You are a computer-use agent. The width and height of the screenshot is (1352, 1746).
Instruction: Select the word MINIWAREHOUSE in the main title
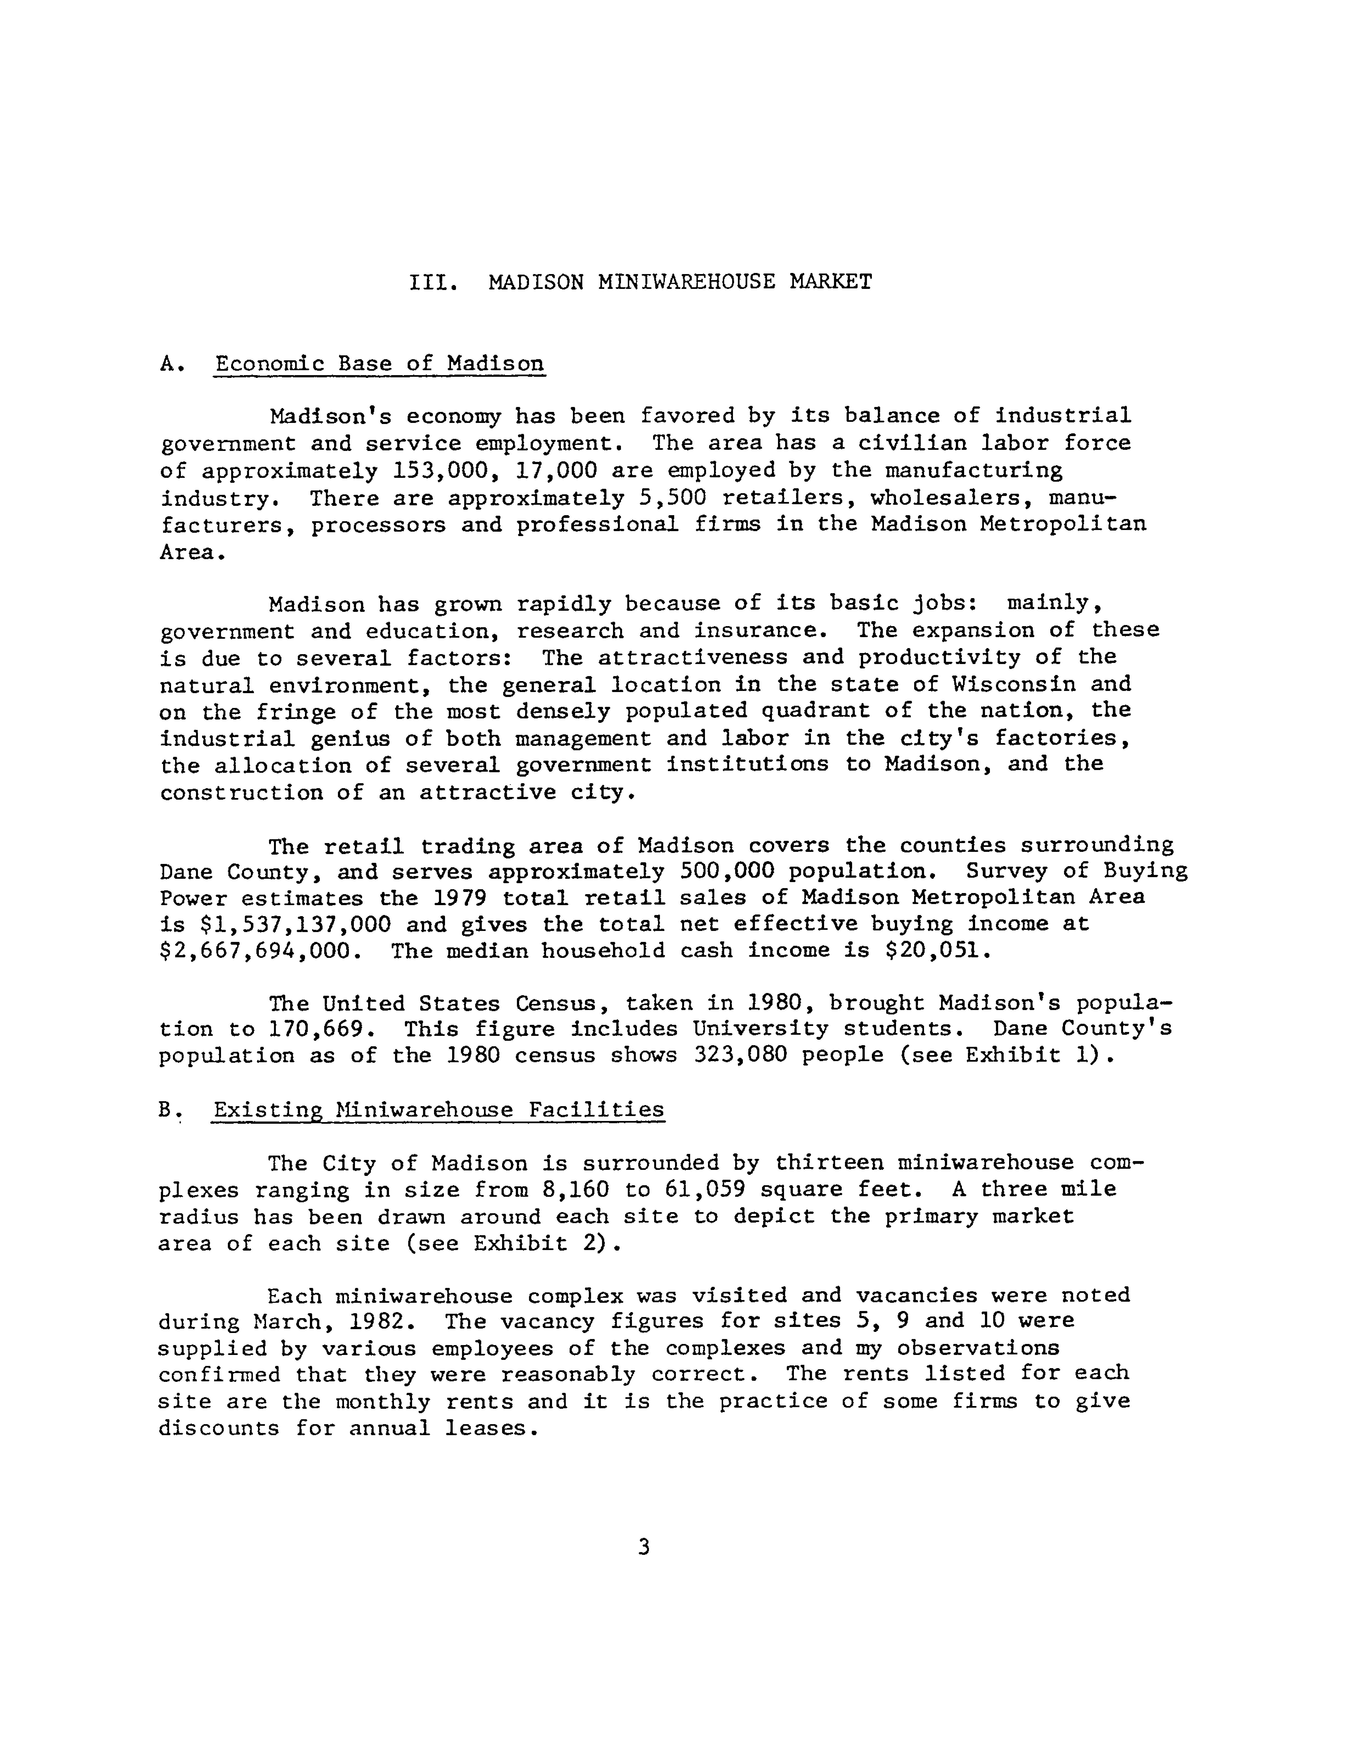click(686, 282)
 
